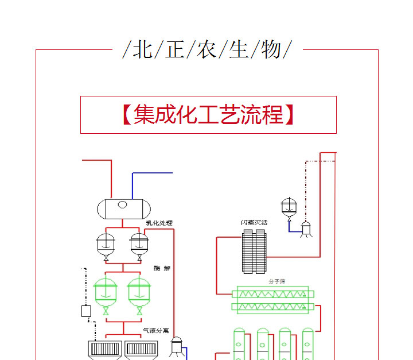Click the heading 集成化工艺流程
(x=208, y=115)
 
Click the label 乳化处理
(x=159, y=223)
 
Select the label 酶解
(x=162, y=268)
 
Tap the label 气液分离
(x=156, y=331)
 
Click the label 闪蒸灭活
(x=254, y=222)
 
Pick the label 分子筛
(x=276, y=281)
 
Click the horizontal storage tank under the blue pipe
(x=122, y=208)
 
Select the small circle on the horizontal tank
(x=122, y=204)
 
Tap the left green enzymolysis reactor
(x=106, y=291)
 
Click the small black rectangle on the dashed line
(x=87, y=311)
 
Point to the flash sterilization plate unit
(x=254, y=251)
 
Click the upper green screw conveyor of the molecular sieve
(x=272, y=292)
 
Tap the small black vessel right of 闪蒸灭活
(x=289, y=208)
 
